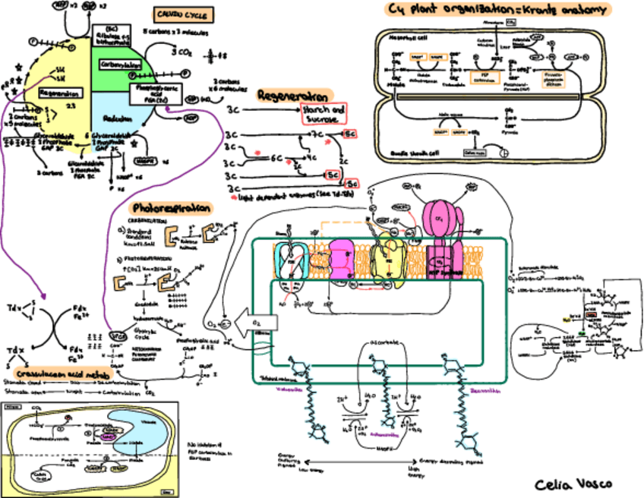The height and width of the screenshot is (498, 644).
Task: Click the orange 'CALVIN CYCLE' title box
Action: pyautogui.click(x=183, y=14)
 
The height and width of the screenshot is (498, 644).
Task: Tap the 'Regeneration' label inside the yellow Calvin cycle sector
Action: pyautogui.click(x=60, y=93)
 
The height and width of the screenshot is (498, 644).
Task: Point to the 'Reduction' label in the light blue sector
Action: pyautogui.click(x=121, y=120)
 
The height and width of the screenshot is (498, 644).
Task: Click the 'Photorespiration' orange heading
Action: pyautogui.click(x=171, y=207)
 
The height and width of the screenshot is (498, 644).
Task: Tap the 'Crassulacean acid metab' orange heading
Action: pyautogui.click(x=54, y=375)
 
